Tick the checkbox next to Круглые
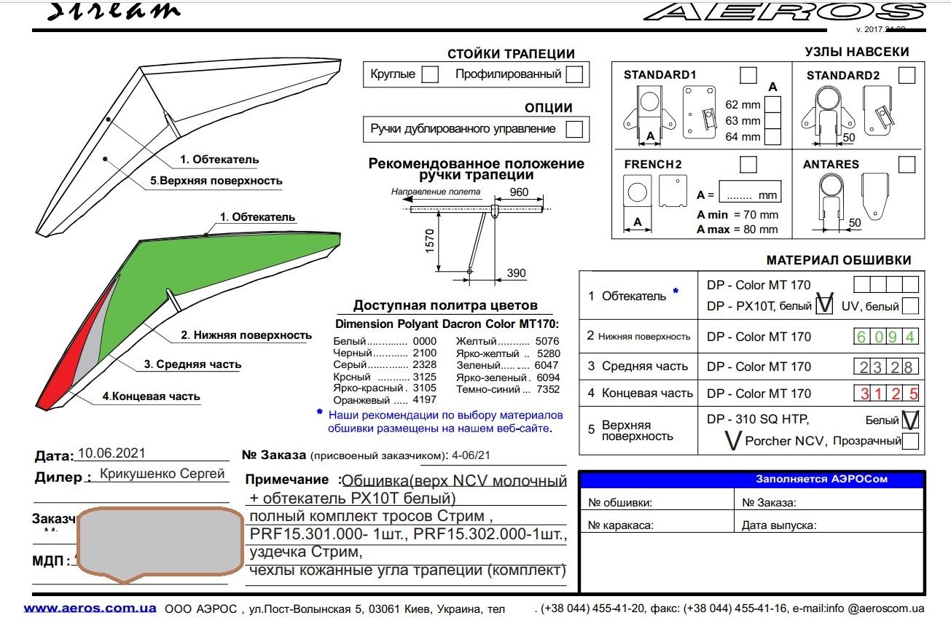pyautogui.click(x=430, y=74)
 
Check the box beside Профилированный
pyautogui.click(x=574, y=74)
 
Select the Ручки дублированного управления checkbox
pyautogui.click(x=574, y=129)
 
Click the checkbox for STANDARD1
pyautogui.click(x=748, y=75)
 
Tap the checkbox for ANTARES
pyautogui.click(x=907, y=165)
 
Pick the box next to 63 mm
pyautogui.click(x=772, y=121)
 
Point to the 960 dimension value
pyautogui.click(x=519, y=192)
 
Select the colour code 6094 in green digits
pyautogui.click(x=885, y=337)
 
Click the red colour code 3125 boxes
pyautogui.click(x=885, y=394)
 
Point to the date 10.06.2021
pyautogui.click(x=111, y=453)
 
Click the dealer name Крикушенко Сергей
pyautogui.click(x=162, y=474)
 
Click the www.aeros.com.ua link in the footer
pyautogui.click(x=90, y=608)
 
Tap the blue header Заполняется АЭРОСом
pyautogui.click(x=821, y=480)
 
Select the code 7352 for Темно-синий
pyautogui.click(x=547, y=389)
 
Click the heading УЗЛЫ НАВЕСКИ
pyautogui.click(x=856, y=52)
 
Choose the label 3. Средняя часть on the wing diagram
pyautogui.click(x=192, y=364)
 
